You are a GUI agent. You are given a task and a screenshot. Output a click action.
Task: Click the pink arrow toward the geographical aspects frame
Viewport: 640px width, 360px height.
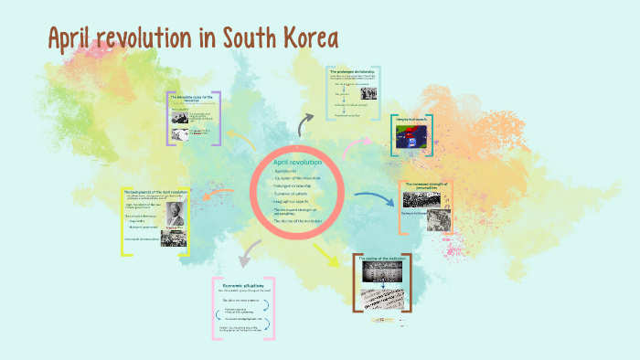(x=359, y=143)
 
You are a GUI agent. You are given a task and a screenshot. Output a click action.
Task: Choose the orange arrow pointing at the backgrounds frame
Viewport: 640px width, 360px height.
(x=219, y=192)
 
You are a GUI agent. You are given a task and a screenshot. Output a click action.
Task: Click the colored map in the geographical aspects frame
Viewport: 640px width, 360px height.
(x=409, y=136)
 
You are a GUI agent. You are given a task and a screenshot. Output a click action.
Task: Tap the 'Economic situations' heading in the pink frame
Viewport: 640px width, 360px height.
(x=244, y=286)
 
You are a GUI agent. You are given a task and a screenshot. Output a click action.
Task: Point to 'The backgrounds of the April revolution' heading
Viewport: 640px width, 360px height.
(x=155, y=192)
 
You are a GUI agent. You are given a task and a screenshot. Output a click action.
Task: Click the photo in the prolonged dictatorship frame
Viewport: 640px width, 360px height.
(x=370, y=92)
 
